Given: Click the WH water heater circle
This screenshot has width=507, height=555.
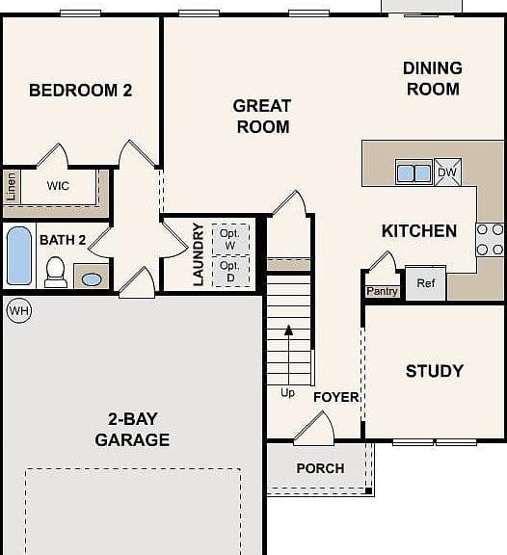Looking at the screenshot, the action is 19,310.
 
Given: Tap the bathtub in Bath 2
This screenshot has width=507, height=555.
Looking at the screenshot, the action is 19,255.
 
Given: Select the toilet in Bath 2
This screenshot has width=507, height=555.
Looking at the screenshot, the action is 56,272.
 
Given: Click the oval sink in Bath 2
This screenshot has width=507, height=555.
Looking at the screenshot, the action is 92,279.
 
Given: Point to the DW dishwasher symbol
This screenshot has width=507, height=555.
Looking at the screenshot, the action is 447,172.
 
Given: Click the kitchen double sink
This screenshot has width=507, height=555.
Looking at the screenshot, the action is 414,173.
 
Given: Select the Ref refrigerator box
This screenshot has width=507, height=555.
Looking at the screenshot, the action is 426,283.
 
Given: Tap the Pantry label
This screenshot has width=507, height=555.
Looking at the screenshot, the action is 382,291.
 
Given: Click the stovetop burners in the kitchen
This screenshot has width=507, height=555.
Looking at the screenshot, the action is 490,240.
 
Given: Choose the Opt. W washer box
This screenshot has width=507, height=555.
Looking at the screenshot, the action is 230,239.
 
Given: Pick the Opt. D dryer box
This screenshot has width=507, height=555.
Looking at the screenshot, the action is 230,271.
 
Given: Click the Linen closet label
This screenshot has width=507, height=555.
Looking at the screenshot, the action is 12,187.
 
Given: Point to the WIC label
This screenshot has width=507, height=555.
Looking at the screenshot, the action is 58,185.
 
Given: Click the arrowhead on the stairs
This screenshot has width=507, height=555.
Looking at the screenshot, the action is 289,330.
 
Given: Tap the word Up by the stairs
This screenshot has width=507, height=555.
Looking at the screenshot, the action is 287,393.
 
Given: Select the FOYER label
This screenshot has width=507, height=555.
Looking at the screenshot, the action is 336,397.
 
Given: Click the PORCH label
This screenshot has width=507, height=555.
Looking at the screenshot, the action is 320,468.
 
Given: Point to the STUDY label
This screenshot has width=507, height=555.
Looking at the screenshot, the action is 435,371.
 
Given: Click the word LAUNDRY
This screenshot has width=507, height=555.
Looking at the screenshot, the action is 199,254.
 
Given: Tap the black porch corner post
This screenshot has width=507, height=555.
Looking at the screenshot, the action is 368,491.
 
